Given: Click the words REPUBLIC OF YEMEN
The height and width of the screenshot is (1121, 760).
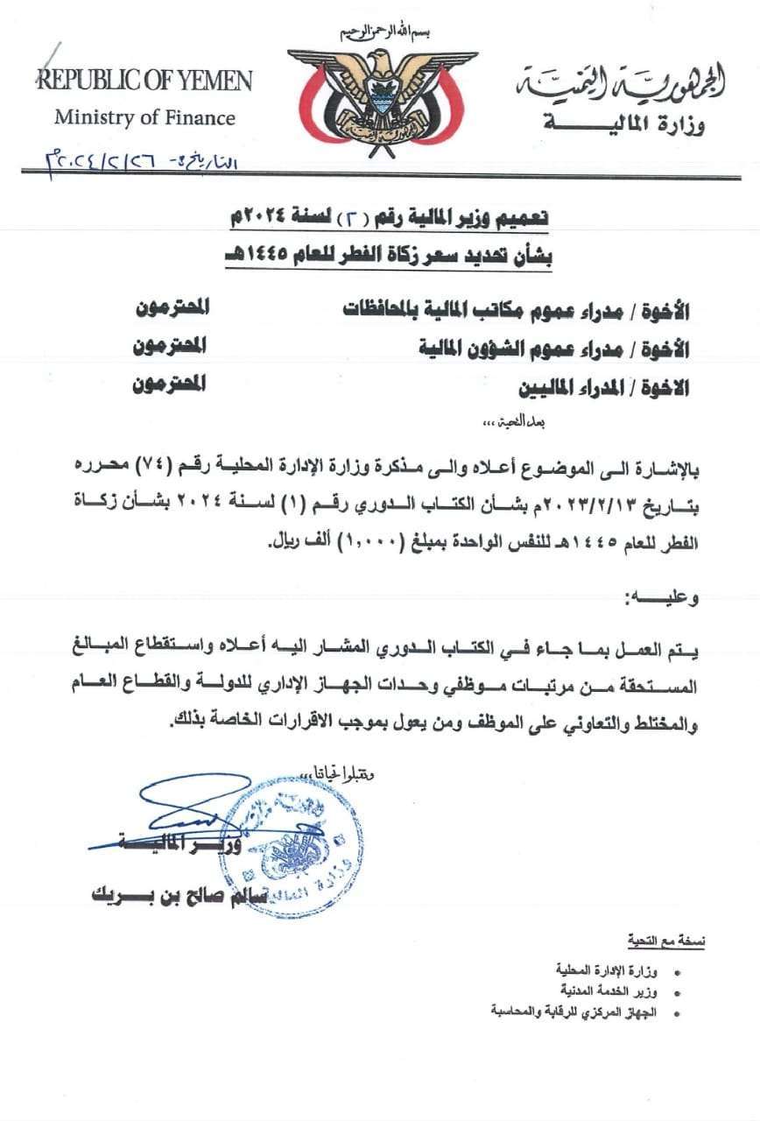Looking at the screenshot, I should pos(144,81).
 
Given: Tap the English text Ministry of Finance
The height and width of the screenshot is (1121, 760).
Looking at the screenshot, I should pos(144,116).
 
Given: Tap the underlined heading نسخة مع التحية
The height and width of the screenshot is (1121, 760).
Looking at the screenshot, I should pos(666,941).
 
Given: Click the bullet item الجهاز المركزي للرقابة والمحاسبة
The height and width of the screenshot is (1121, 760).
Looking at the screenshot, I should pos(578,1011).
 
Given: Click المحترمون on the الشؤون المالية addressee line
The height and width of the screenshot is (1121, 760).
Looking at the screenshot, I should pos(169,346).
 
